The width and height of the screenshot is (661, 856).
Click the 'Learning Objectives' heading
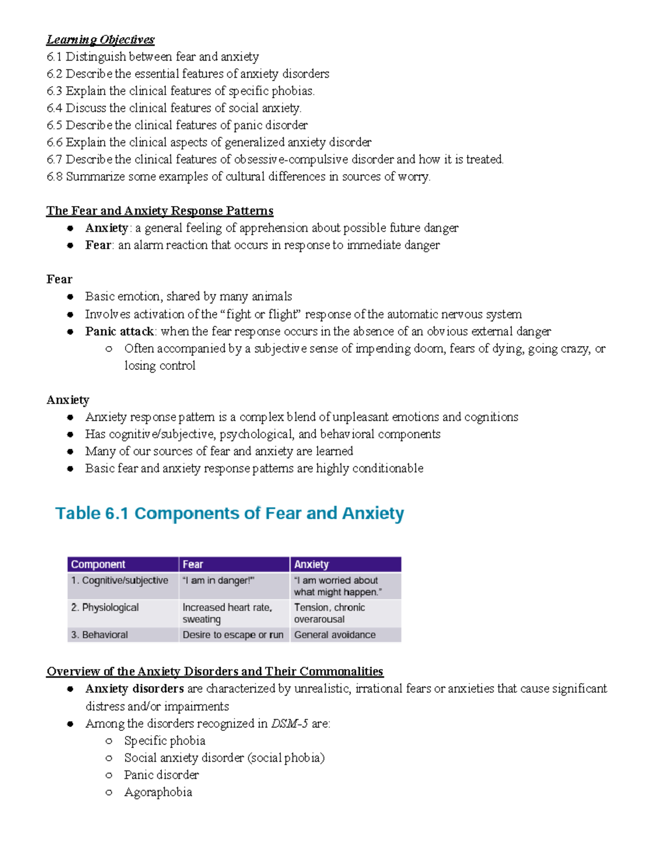click(100, 40)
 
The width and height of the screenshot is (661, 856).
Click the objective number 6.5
click(55, 125)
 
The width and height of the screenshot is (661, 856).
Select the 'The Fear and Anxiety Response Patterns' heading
click(160, 211)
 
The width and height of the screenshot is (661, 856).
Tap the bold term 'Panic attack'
click(119, 331)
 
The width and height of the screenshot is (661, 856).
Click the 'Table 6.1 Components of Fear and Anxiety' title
click(230, 513)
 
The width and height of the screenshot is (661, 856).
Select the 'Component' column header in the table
click(98, 564)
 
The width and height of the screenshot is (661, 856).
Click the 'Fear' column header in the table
click(193, 564)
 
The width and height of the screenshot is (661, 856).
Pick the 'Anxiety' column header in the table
click(311, 564)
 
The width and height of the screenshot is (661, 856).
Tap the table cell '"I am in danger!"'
click(218, 580)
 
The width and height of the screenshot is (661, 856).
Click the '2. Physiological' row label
click(105, 607)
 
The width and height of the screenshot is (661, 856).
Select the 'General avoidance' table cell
click(335, 635)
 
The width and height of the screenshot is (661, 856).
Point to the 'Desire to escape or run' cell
click(233, 635)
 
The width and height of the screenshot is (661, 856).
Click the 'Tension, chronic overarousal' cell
click(329, 613)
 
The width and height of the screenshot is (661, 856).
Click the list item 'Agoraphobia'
click(158, 793)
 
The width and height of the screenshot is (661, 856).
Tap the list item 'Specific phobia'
click(165, 741)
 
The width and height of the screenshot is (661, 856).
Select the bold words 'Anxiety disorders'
click(134, 689)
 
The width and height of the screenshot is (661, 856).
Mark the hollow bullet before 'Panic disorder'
click(109, 776)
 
